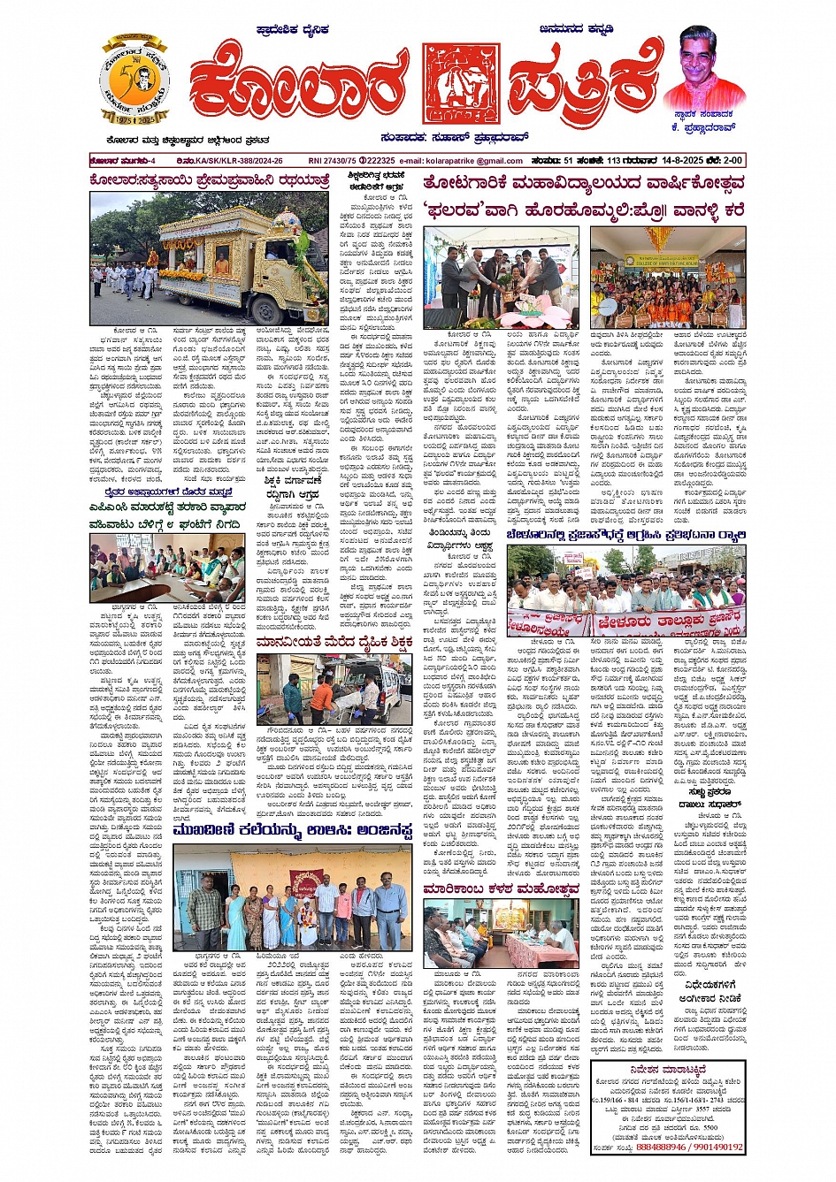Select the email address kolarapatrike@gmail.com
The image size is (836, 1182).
[473, 161]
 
